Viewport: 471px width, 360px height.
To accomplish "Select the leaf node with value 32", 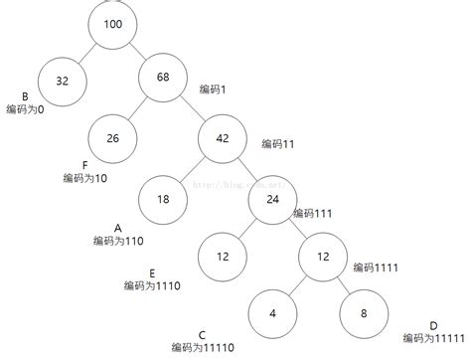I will [63, 84].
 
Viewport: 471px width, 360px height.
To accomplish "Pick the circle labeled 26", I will [113, 138].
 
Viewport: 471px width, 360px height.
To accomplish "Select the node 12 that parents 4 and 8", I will [324, 256].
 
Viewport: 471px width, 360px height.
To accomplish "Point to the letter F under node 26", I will [85, 165].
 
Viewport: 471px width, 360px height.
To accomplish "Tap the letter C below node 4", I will [202, 334].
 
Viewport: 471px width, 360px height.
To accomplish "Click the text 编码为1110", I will [152, 285].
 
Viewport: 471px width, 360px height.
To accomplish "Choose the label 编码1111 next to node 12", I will [375, 269].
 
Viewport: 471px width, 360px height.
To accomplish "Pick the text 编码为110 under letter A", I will [118, 241].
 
